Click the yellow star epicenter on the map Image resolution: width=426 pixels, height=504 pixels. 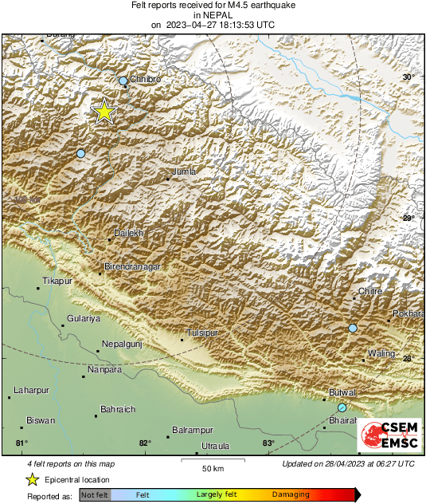coord(104,112)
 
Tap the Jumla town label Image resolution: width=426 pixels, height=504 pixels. coord(184,171)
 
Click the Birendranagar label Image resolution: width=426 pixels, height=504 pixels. coord(134,267)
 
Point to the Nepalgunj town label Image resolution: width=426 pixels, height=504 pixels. coord(121,344)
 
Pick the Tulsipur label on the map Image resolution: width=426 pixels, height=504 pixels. coord(201,333)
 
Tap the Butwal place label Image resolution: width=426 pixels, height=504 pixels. coord(342,393)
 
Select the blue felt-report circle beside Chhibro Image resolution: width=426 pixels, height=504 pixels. coord(123,81)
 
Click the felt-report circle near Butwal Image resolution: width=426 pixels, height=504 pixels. coord(342,408)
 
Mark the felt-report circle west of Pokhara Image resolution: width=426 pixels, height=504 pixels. coord(353,328)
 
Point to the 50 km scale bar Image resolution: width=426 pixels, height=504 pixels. coord(212,460)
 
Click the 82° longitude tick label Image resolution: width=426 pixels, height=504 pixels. coord(145,443)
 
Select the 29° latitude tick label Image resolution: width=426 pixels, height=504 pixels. coord(408,218)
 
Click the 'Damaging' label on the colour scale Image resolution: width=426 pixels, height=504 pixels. coord(291,495)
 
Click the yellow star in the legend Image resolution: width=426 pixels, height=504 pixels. coord(32,479)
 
